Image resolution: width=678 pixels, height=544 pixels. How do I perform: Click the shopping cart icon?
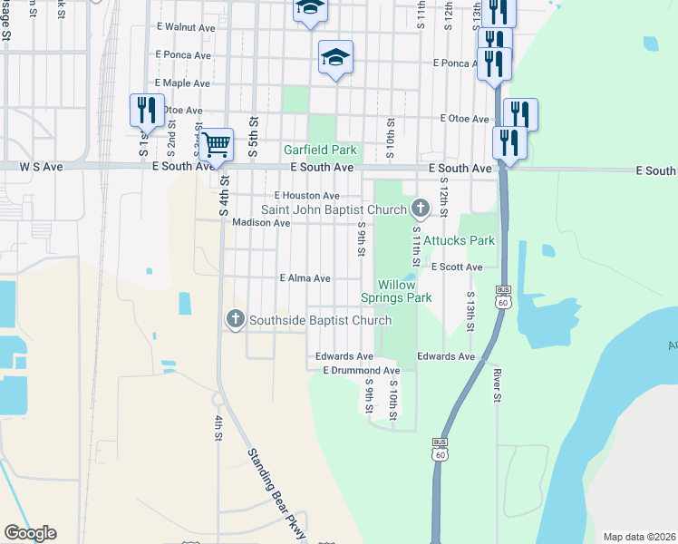[x=216, y=143]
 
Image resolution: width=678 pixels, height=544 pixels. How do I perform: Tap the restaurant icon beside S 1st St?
[x=147, y=110]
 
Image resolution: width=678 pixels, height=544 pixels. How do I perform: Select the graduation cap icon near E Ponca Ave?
[x=335, y=57]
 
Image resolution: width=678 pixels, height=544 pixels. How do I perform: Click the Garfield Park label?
[x=320, y=150]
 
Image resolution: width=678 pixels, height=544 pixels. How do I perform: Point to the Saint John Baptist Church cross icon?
[x=420, y=209]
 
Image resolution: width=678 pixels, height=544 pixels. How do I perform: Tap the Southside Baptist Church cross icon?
[x=235, y=319]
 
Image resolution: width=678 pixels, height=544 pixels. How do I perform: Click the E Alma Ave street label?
[x=305, y=278]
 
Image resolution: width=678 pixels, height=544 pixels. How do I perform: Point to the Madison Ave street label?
[x=261, y=222]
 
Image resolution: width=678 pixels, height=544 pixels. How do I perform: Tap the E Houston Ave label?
[x=306, y=196]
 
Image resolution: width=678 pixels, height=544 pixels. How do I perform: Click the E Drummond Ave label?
[x=361, y=371]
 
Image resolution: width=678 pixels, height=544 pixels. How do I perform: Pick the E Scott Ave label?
[x=457, y=267]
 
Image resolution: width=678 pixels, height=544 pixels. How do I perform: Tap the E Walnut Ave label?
[x=186, y=27]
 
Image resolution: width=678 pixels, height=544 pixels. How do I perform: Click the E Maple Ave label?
[x=183, y=83]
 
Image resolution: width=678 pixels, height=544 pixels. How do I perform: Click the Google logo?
[x=30, y=533]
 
